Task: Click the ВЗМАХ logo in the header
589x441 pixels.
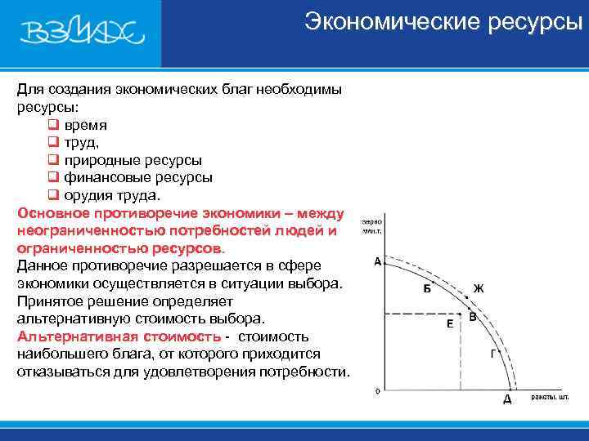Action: [x=82, y=33]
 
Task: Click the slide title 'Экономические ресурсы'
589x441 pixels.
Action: [x=443, y=22]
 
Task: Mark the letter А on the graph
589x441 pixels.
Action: [x=377, y=262]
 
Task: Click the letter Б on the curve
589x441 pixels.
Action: [x=426, y=288]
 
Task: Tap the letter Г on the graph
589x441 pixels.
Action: [x=492, y=354]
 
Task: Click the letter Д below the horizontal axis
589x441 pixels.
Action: [x=507, y=400]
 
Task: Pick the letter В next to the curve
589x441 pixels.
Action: [x=473, y=318]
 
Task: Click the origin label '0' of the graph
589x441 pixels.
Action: [x=377, y=391]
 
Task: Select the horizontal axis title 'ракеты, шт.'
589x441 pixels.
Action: [x=550, y=397]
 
